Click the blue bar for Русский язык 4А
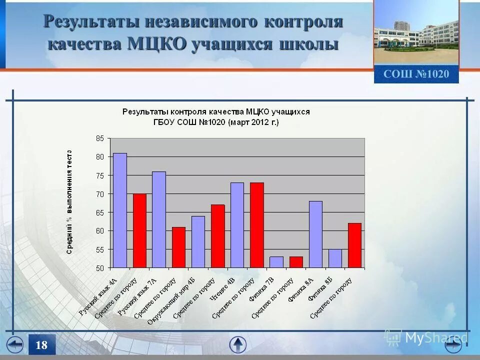[120, 210]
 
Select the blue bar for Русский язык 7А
[159, 220]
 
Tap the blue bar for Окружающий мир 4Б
[198, 242]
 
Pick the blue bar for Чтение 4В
[237, 225]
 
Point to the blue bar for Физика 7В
[276, 262]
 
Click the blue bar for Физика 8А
[315, 234]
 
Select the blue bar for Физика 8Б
[335, 258]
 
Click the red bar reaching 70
[139, 230]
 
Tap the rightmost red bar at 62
[354, 245]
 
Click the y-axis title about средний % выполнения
[69, 202]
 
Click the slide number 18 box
[41, 345]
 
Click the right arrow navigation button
[453, 345]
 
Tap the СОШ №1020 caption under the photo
[416, 74]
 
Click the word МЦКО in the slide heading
[157, 43]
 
